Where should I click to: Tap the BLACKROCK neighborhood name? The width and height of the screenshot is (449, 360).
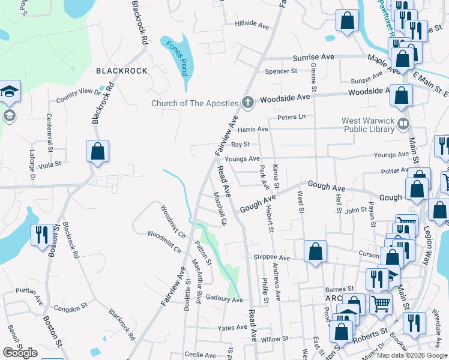pos(122,71)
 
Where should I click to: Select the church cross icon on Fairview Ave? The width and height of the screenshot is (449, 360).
pos(247,103)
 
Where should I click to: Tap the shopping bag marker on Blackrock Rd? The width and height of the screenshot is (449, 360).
pos(97,151)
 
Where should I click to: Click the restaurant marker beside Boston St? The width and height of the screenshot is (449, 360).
pos(41,234)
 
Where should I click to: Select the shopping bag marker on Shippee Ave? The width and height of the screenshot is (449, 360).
pos(315,251)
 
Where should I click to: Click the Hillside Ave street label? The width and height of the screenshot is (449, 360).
pos(252,25)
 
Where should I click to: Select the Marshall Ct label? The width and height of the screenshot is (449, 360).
pos(220,209)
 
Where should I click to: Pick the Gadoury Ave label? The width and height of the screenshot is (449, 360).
pos(223,298)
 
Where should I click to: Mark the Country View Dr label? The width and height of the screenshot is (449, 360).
pos(79,94)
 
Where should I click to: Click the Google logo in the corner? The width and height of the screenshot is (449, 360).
pos(20,353)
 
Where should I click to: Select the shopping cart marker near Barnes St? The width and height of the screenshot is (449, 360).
pos(381,303)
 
